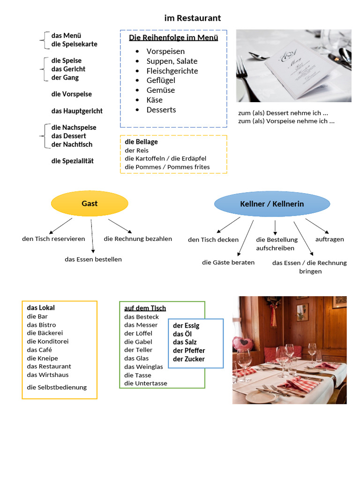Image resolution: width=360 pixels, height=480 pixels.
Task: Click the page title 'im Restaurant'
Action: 192,18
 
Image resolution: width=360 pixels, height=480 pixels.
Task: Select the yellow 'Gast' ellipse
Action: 90,203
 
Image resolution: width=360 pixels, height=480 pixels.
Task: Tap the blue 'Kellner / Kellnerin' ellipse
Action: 272,204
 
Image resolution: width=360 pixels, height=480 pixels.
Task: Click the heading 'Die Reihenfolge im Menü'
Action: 173,37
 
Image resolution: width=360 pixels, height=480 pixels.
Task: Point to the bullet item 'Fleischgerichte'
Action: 172,71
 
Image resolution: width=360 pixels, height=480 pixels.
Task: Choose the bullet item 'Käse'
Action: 154,100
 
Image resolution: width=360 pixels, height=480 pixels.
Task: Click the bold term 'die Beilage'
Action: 141,142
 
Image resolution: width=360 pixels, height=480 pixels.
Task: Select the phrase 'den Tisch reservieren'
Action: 53,239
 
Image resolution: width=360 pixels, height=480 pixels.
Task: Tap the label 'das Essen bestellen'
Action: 93,259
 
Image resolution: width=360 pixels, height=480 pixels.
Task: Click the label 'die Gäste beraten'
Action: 228,262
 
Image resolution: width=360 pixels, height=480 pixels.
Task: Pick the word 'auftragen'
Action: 330,239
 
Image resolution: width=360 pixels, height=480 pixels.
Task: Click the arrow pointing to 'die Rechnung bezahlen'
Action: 120,226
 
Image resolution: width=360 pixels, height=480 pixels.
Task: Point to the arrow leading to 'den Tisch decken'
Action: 229,225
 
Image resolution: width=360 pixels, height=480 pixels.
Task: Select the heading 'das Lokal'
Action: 41,308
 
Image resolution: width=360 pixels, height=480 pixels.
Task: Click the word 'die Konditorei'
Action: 48,341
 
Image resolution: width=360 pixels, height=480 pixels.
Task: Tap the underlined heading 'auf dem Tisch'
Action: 145,308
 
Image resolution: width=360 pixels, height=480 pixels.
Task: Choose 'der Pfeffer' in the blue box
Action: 189,351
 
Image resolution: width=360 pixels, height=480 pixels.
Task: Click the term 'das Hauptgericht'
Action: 77,111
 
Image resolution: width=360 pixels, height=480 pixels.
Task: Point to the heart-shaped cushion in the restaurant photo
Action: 243,344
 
